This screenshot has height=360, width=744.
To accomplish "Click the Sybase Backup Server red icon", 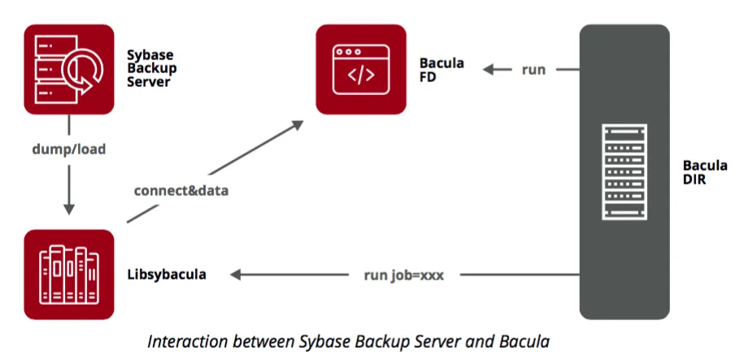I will tap(68, 69).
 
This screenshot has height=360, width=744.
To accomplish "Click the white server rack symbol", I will tap(624, 172).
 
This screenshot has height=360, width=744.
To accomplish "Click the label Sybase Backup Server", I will tap(150, 69).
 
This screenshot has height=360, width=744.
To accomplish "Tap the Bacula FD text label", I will tap(442, 69).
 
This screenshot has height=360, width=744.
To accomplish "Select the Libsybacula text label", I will tap(167, 275).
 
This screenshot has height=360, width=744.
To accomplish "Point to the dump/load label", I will tap(69, 150).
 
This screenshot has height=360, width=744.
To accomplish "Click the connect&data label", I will tap(181, 191).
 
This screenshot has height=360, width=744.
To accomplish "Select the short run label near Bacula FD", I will tap(533, 70).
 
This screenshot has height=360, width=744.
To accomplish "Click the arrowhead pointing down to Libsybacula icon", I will tap(69, 214).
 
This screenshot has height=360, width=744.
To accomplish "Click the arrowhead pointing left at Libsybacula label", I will tap(237, 275).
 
